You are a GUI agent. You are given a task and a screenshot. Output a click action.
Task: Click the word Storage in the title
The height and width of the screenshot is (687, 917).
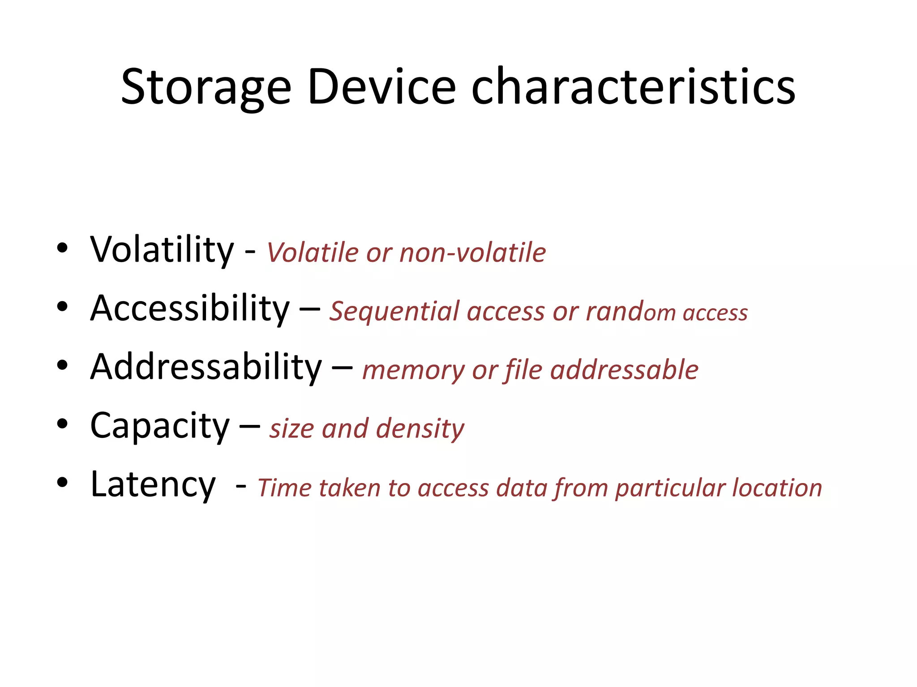tap(206, 87)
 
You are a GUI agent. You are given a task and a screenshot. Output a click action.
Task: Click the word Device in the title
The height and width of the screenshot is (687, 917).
tap(381, 87)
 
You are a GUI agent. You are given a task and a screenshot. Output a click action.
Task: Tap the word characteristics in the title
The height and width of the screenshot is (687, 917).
tap(633, 87)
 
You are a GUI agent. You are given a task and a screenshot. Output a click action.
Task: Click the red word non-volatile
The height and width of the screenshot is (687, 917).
tap(472, 253)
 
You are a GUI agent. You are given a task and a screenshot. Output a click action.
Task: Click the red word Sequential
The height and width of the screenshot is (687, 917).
tap(394, 312)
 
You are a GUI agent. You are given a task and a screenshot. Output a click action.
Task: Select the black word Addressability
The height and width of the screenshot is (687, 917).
tap(206, 368)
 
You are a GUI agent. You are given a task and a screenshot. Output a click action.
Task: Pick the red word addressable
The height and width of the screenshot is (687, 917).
tap(624, 370)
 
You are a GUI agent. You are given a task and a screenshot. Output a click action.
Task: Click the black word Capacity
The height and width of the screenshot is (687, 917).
tap(160, 426)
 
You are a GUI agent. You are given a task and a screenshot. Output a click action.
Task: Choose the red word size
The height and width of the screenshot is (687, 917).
tap(291, 429)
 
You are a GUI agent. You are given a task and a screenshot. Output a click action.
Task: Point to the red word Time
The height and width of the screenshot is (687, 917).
tap(284, 488)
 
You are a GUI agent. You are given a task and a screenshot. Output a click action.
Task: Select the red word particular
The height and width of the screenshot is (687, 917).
tap(670, 488)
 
